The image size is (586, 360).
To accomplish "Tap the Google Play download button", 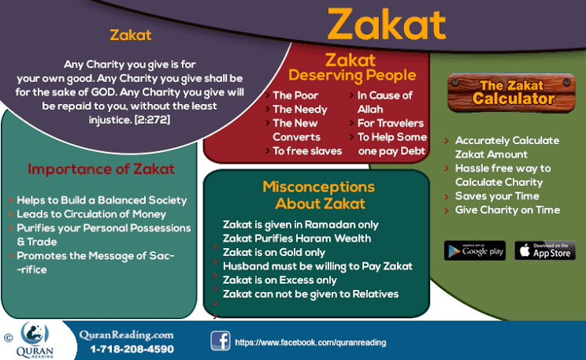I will coord(474,251).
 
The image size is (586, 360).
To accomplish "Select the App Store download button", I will coord(545,251).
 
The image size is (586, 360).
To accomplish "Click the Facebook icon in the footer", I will coord(220,341).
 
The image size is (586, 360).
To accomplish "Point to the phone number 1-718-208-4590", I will coord(132,348).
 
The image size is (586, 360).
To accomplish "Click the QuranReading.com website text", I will coord(126,334).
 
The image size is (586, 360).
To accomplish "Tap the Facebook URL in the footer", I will coord(300,343).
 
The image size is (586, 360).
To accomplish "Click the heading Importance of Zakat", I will coord(101,169).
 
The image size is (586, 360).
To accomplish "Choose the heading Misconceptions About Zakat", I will coord(318,195).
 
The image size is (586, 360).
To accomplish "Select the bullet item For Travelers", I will coord(390,123).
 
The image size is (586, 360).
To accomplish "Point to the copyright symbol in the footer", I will coord(8,337).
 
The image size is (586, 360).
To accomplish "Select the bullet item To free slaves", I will coord(307,150).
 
